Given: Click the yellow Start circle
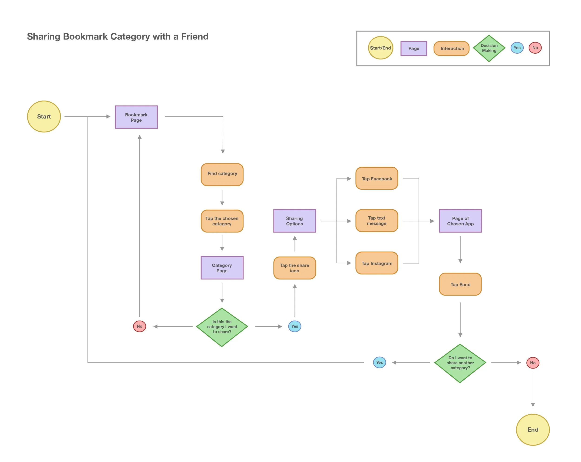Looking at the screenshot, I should click(x=44, y=117).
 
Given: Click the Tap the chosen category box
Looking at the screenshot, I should click(x=222, y=221).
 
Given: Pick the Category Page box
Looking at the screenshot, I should click(x=222, y=268).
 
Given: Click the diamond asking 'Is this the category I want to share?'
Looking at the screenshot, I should click(x=222, y=327).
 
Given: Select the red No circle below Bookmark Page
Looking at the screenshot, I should click(x=140, y=326).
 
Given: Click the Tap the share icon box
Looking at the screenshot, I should click(x=294, y=268).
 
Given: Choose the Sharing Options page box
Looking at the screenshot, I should click(x=294, y=221).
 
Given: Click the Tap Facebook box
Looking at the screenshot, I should click(x=377, y=178).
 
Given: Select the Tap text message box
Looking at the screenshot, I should click(x=377, y=221).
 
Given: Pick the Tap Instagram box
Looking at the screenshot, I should click(x=377, y=263).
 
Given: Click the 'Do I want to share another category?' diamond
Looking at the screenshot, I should click(x=460, y=363).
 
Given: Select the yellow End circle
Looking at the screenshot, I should click(x=532, y=429).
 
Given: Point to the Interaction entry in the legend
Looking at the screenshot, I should click(x=451, y=48).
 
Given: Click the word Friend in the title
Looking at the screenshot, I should click(x=195, y=37).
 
